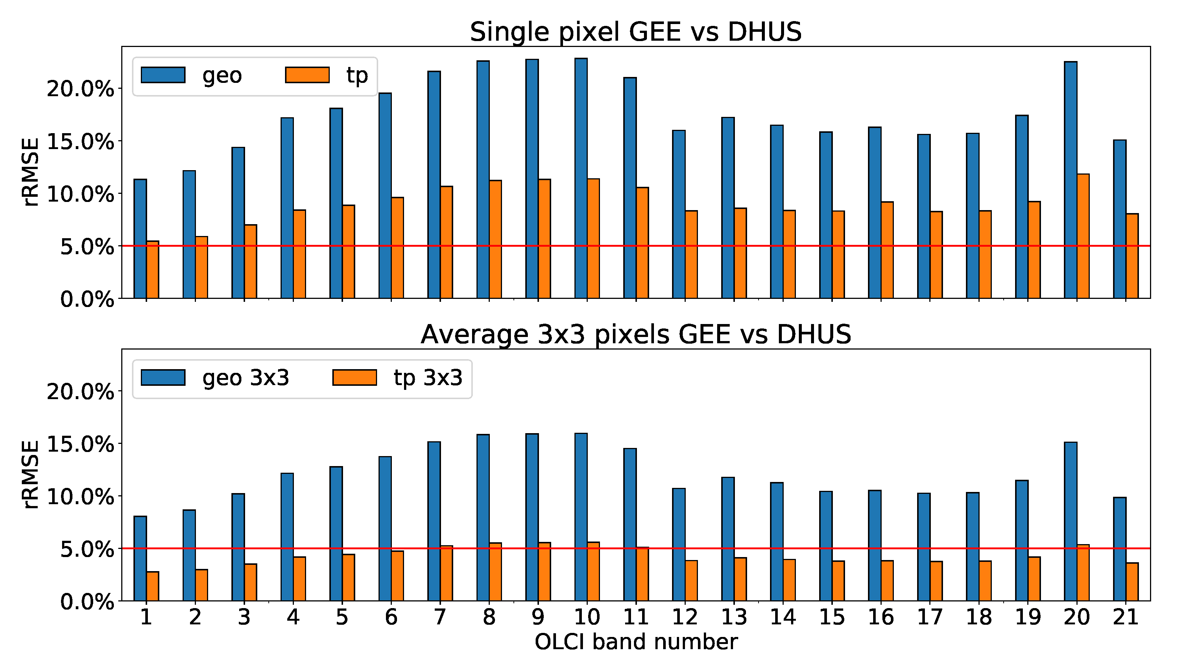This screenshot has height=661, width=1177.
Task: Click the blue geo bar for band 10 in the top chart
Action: (x=581, y=178)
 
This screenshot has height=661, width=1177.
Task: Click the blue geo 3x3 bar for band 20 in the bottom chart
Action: (x=1071, y=522)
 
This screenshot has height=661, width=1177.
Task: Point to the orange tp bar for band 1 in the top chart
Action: (x=153, y=270)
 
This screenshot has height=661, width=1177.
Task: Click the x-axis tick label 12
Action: (x=685, y=617)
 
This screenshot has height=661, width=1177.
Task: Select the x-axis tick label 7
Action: (x=440, y=617)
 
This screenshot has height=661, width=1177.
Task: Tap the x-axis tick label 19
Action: (x=1028, y=617)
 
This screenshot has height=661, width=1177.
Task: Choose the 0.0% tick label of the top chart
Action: (x=87, y=299)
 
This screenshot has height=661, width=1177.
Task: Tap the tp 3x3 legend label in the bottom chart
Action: (x=428, y=378)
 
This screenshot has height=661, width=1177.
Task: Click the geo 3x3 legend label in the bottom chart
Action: (x=246, y=378)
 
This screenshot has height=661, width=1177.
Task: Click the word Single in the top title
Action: (x=509, y=32)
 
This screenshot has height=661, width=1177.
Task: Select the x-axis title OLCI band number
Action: (x=636, y=642)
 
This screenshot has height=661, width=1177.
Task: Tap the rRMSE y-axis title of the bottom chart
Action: (x=31, y=475)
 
